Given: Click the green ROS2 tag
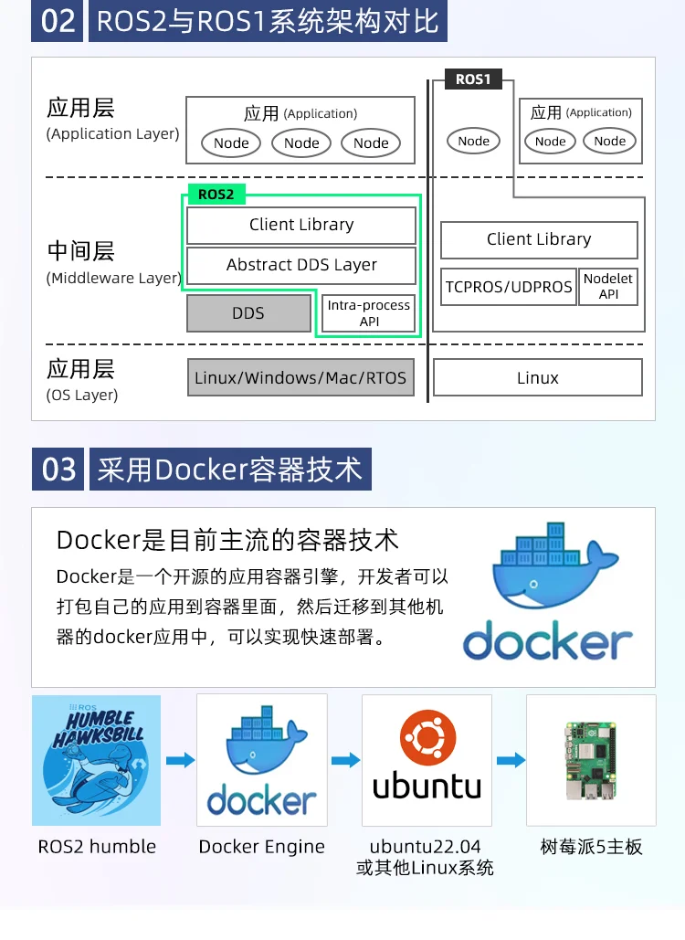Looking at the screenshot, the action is tap(216, 195).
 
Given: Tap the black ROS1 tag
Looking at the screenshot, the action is tap(473, 79).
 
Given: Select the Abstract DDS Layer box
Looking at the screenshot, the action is tap(301, 265).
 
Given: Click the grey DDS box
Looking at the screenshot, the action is tap(248, 313).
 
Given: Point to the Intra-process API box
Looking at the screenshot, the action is tap(369, 313).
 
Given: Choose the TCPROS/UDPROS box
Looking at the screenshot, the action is tap(509, 287).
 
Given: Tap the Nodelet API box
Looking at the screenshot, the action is tap(608, 287).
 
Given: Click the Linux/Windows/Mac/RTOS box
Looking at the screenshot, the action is tap(300, 377).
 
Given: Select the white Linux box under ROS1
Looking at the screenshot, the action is tap(538, 377).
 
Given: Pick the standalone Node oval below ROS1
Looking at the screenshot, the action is tap(473, 142).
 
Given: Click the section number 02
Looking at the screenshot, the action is tap(58, 21).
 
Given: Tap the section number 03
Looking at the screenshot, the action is tap(58, 469).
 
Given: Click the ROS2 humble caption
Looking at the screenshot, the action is tap(97, 847).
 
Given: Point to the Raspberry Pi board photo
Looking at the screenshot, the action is tap(591, 760).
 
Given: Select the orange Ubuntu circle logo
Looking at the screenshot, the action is tap(427, 738).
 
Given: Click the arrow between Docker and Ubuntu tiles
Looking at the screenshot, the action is tap(346, 760).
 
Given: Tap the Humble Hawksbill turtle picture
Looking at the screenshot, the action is tap(97, 760).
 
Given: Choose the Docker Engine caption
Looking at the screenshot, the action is tap(262, 847).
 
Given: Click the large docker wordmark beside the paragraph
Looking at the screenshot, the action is tap(548, 641).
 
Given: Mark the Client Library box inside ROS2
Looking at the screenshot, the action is tap(301, 225).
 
